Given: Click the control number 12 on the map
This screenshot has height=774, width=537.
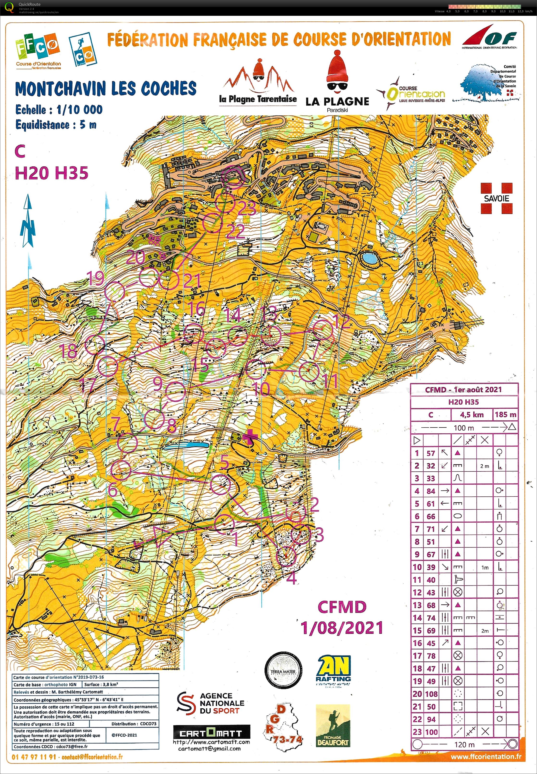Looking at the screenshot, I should (x=343, y=322).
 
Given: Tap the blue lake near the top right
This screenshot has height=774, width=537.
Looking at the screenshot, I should (x=369, y=258).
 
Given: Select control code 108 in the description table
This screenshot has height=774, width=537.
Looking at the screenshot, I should (x=431, y=694).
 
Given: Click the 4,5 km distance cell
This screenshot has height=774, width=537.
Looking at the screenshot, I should (x=472, y=415).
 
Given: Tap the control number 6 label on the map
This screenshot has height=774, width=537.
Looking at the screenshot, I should (x=113, y=490).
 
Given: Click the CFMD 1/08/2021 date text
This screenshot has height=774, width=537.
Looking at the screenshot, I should (x=342, y=618).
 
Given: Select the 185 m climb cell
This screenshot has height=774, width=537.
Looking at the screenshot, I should (x=505, y=415).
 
